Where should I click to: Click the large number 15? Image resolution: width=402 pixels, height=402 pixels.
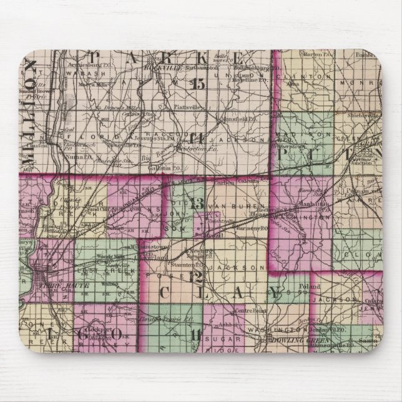point(199,85)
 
